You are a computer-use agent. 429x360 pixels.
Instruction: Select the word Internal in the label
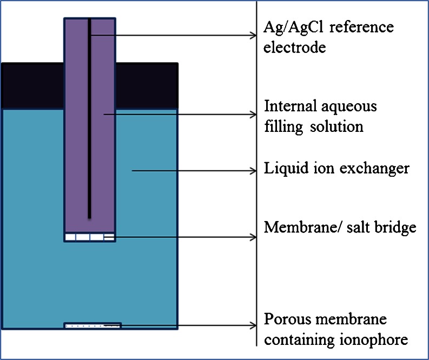point(287,106)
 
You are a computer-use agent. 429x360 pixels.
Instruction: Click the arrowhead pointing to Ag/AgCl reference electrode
point(253,36)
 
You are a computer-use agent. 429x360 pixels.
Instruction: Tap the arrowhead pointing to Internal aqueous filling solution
point(253,114)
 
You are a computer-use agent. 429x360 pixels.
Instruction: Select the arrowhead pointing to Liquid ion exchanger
point(253,171)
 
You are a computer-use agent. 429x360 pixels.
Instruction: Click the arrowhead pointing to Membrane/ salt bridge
point(253,237)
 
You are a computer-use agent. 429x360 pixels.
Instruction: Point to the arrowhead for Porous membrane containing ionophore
point(253,325)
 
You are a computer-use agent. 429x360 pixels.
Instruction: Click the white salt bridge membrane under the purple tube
point(89,237)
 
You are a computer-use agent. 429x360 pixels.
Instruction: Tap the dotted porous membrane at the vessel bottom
point(92,325)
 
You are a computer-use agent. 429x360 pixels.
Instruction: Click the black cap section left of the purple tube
point(32,86)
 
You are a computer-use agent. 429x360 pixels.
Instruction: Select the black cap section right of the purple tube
point(147,86)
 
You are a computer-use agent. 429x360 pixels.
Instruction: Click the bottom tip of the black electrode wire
point(89,217)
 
